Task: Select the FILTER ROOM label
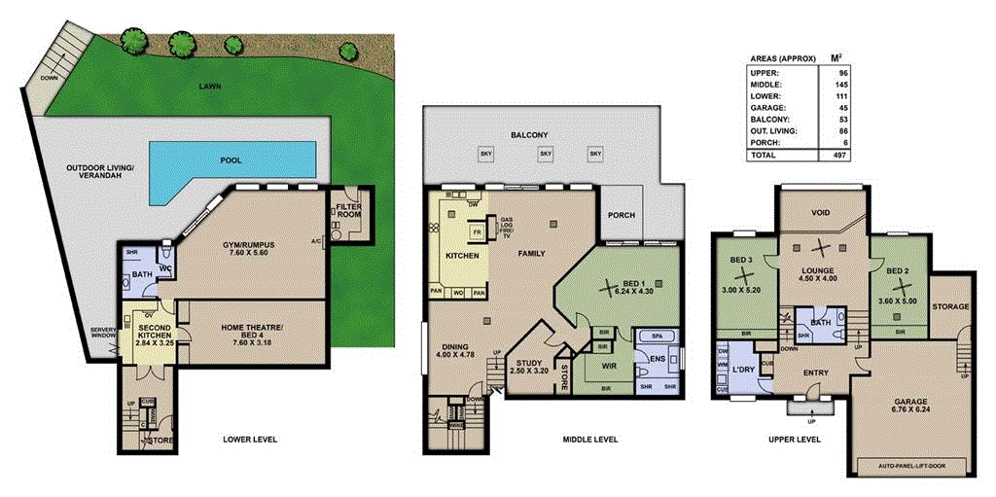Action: click(347, 213)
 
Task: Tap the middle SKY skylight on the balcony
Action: click(546, 154)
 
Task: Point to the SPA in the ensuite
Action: click(657, 336)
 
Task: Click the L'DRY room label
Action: click(744, 371)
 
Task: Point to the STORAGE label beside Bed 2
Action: click(950, 307)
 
